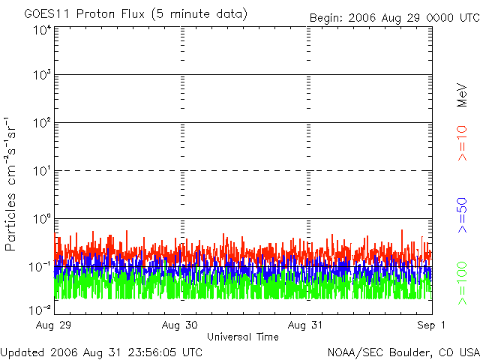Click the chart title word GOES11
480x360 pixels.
click(x=46, y=14)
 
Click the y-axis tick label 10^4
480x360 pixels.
click(x=40, y=30)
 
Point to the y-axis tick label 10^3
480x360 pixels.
click(x=40, y=76)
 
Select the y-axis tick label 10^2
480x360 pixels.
click(x=40, y=124)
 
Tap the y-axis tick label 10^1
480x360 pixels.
click(x=40, y=172)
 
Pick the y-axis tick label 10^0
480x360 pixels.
click(x=40, y=220)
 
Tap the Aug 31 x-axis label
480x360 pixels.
click(x=307, y=325)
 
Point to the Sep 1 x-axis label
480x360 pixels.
click(x=432, y=325)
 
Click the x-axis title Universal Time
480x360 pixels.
click(x=242, y=337)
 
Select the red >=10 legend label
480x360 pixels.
click(x=462, y=143)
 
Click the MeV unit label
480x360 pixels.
click(x=462, y=94)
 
